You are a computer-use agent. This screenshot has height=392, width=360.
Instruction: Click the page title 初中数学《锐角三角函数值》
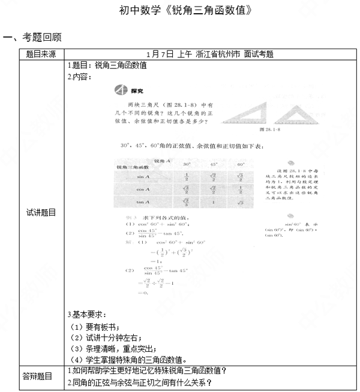tap(180, 11)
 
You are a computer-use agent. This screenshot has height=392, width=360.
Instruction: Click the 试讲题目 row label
tap(41, 212)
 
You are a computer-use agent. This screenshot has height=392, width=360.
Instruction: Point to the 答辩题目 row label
tap(41, 376)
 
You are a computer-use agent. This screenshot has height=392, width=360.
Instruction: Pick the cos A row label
tap(143, 189)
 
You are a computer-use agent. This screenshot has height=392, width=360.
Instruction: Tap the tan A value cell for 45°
tap(214, 203)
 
